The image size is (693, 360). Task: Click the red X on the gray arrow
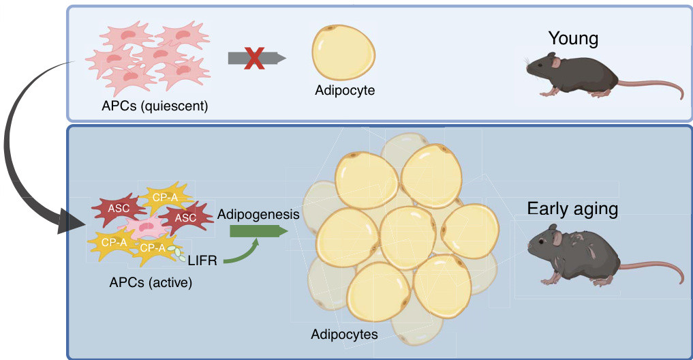(x=255, y=57)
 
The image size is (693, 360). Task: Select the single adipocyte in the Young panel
(x=343, y=53)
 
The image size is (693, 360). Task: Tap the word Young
(x=573, y=38)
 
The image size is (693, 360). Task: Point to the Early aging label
(x=572, y=209)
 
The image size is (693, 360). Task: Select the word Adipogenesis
(x=258, y=214)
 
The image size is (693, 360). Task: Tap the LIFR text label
(x=202, y=260)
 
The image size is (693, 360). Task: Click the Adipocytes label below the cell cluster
(x=344, y=334)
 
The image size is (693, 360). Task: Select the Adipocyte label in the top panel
(x=345, y=89)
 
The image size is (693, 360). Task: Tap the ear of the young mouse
(x=555, y=63)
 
